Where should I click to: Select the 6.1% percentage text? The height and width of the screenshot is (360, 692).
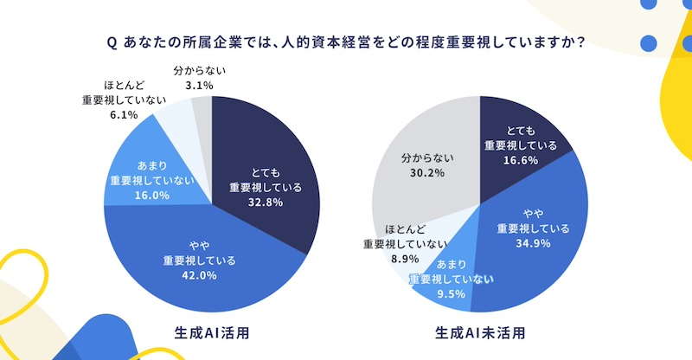pyautogui.click(x=119, y=112)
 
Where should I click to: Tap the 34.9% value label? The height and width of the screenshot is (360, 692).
pyautogui.click(x=533, y=244)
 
